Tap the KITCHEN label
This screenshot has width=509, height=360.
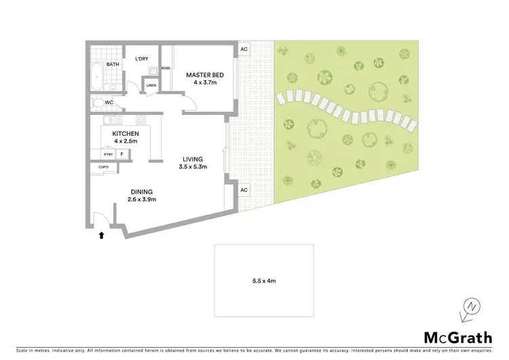point(126,134)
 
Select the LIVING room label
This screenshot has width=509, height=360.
point(193,159)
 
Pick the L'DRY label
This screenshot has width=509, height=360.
point(142,59)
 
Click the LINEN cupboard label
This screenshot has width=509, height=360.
point(151,86)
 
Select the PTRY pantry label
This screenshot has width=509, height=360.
point(108,154)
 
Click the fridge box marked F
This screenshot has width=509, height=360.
point(122,154)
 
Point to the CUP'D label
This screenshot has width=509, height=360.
point(104,166)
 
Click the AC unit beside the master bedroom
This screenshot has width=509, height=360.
point(244,50)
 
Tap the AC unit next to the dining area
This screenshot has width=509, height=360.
point(244,190)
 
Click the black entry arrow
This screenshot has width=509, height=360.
point(101,236)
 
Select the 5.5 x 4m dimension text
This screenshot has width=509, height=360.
point(264,280)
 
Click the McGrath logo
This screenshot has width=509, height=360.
point(458,336)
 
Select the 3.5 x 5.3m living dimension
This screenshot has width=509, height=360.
point(193,167)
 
